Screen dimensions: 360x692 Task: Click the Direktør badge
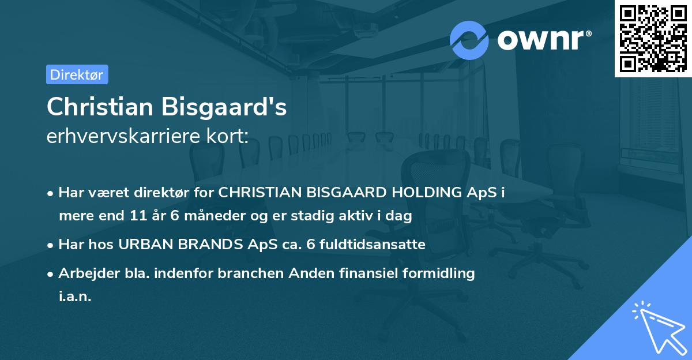77,74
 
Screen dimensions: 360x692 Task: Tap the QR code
653,39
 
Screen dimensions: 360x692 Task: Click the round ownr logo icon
469,40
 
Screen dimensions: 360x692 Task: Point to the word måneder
195,216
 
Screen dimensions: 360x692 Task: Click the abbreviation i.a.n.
75,297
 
